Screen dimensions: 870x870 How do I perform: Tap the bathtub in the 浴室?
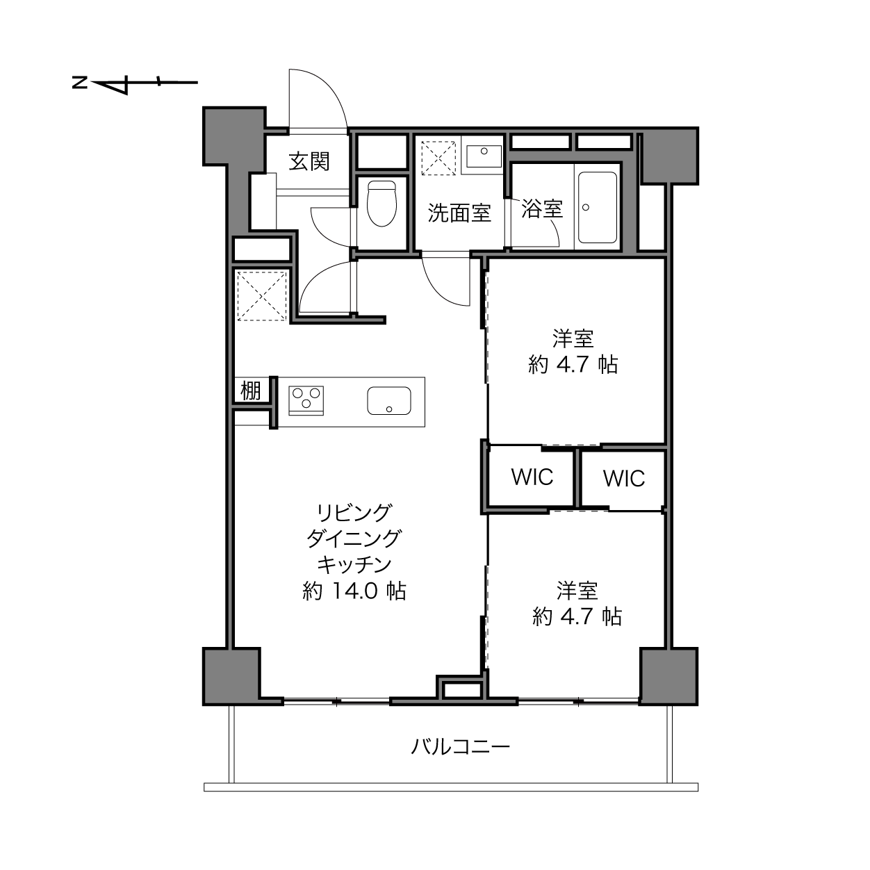point(598,207)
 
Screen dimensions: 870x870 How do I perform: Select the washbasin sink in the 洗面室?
point(484,156)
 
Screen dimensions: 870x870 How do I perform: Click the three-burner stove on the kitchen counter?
point(306,400)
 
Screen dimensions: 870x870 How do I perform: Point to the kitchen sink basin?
point(388,400)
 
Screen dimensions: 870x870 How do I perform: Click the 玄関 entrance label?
point(309,161)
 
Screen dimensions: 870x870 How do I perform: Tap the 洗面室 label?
point(459,213)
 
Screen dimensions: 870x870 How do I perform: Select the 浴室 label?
point(542,208)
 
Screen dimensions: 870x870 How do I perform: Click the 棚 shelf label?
point(251,390)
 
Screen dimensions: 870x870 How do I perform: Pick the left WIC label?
point(532,477)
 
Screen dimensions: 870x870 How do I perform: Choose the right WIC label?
point(623,479)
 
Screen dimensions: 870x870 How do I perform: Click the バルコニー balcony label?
point(460,747)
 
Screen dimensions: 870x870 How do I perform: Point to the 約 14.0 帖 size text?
point(354,591)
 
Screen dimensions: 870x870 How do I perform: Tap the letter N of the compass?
point(79,82)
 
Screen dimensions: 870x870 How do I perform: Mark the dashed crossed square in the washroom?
point(438,158)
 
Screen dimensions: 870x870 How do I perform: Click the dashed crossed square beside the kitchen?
point(262,296)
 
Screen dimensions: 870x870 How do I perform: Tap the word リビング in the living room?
point(354,512)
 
